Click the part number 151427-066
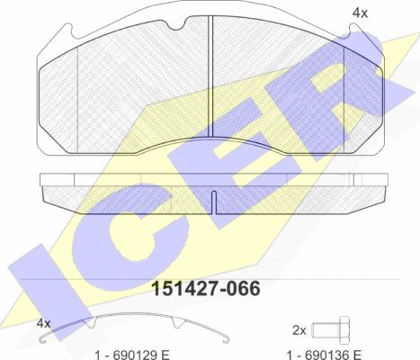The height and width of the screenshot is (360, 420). tap(206, 289)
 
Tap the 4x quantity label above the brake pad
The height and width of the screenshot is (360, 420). tap(360, 13)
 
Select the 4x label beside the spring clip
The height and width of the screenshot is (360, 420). tap(43, 323)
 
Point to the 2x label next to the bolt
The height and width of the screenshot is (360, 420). tap(299, 330)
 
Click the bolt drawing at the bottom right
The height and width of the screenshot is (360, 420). tap(331, 330)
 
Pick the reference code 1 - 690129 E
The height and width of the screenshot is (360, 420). tap(132, 355)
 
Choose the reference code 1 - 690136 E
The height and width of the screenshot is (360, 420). tap(325, 355)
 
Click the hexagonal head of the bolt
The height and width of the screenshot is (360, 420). tap(344, 330)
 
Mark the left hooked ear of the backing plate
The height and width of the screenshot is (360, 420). tap(68, 31)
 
